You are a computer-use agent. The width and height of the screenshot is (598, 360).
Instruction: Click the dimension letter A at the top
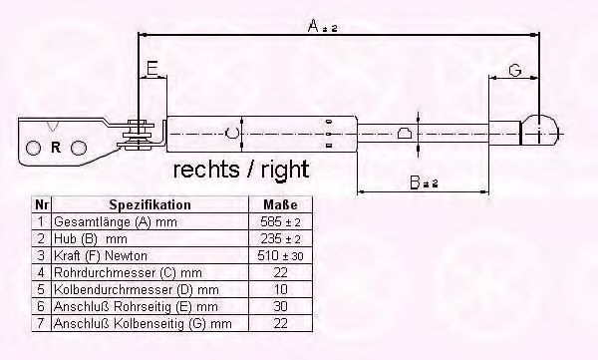(313, 26)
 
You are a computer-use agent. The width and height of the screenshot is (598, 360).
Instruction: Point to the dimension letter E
(152, 69)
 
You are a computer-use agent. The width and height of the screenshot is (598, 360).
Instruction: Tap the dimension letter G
(515, 70)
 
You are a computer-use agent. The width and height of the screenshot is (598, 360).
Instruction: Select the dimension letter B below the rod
(415, 182)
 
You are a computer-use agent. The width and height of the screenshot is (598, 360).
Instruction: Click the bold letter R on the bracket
(56, 147)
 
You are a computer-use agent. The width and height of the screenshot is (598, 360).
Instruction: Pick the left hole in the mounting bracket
(33, 148)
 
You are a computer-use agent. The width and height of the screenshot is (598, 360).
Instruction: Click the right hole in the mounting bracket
(79, 148)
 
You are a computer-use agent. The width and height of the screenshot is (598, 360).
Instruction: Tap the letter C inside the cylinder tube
(231, 134)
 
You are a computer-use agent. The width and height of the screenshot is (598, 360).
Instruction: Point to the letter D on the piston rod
(404, 134)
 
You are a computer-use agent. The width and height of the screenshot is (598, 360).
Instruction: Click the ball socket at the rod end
(539, 131)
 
